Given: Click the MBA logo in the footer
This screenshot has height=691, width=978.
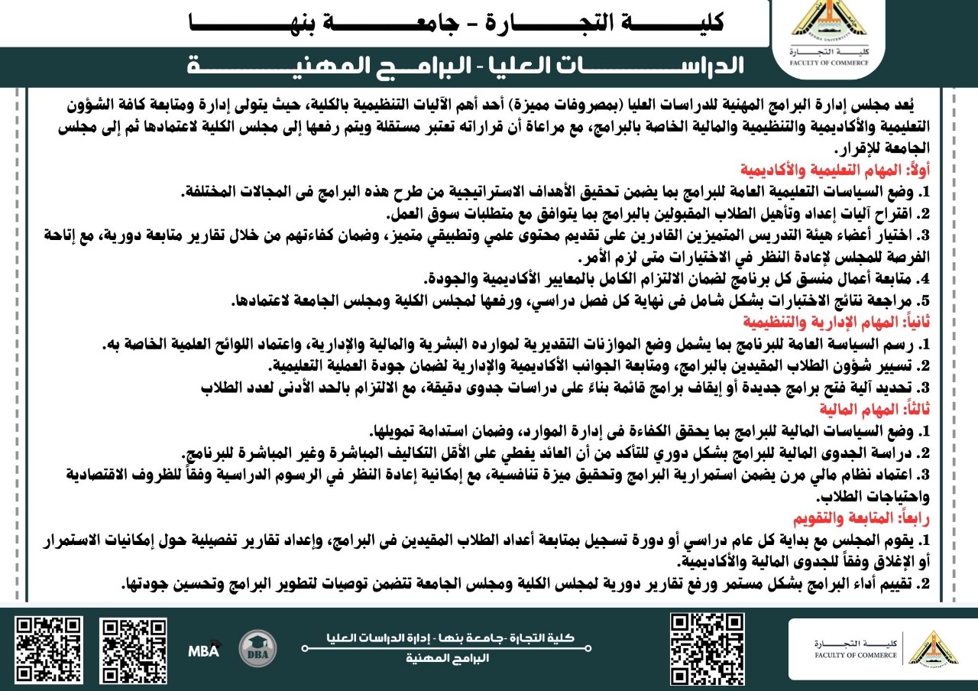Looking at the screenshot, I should click(x=204, y=650).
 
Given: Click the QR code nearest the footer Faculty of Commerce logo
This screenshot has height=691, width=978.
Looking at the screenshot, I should click(x=707, y=649).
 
